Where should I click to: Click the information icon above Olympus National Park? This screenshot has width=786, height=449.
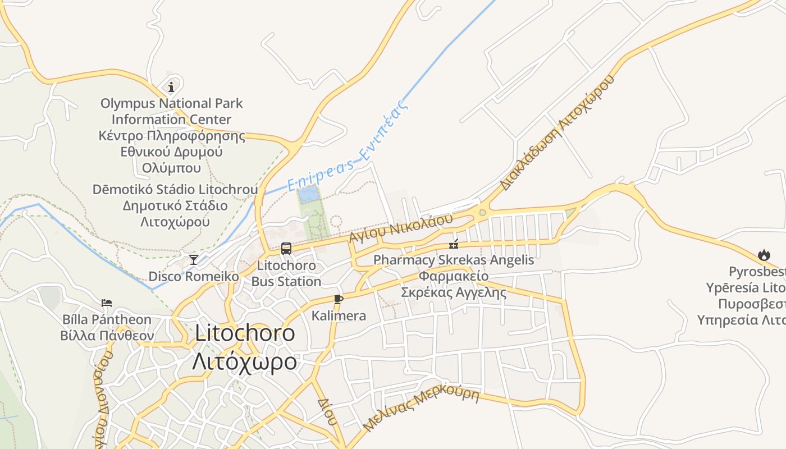point(171,87)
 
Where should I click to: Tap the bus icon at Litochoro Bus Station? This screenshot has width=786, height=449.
point(286,248)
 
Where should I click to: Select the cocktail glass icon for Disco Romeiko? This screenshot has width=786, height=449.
point(194,259)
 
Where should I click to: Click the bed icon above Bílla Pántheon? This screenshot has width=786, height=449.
point(107,303)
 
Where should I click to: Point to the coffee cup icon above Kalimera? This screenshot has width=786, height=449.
point(338,299)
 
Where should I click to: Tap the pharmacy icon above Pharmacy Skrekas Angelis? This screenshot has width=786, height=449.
point(454,244)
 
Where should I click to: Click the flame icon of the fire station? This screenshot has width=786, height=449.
point(764,255)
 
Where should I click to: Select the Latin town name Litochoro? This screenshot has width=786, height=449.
point(245,333)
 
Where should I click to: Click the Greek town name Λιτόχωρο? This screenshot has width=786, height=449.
point(244,361)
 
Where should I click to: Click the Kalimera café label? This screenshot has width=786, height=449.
point(339,316)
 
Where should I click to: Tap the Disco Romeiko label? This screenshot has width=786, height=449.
point(194,277)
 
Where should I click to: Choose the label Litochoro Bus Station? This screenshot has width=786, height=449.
point(286,273)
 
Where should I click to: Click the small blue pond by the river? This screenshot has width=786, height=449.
point(308,195)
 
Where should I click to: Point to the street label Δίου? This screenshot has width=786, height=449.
point(327,411)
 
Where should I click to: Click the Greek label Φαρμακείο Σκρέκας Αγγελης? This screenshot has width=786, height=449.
point(454,285)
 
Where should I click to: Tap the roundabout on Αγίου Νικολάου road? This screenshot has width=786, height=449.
point(482,213)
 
